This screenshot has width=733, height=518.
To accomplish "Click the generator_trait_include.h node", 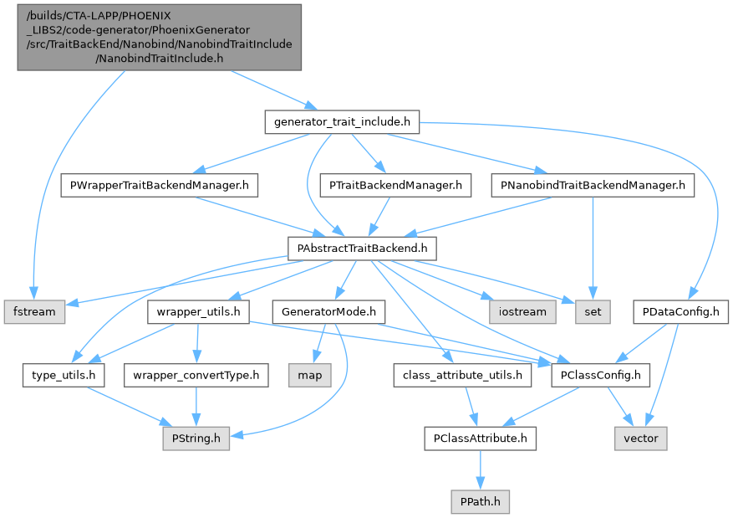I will click(342, 122).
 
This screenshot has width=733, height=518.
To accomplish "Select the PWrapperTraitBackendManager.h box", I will click(160, 184).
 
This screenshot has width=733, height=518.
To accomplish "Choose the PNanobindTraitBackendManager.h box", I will click(592, 184).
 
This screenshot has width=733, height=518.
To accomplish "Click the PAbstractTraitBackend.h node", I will click(363, 248).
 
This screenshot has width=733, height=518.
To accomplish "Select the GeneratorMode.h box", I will click(328, 312).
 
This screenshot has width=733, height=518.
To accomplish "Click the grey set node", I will click(593, 312).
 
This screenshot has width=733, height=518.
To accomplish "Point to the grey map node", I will click(309, 376).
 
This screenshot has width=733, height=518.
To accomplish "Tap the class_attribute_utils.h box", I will click(462, 376).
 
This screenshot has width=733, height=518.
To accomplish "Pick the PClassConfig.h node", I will click(600, 376).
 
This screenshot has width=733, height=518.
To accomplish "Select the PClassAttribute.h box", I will click(481, 438).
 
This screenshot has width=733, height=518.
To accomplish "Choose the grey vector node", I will click(641, 438).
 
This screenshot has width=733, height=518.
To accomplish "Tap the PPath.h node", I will click(479, 501).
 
